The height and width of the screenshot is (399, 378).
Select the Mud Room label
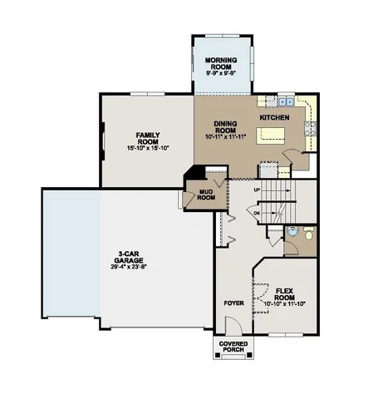click(205, 195)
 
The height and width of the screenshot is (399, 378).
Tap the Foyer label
click(233, 303)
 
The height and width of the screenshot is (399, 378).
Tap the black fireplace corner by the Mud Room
click(193, 172)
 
